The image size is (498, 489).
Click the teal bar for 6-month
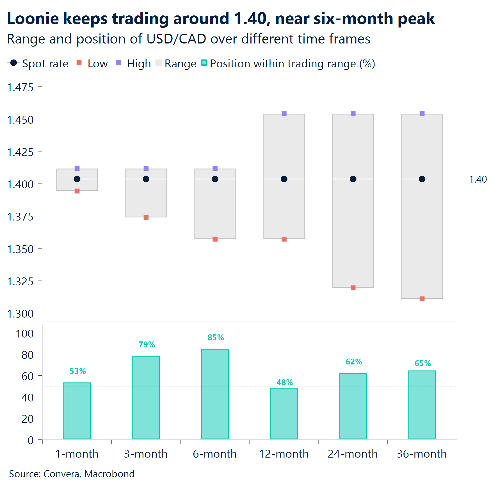(x=215, y=394)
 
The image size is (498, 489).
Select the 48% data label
(x=284, y=382)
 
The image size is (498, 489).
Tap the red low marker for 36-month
(x=422, y=299)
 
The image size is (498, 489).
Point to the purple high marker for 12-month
(x=284, y=114)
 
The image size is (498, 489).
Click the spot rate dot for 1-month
(x=77, y=179)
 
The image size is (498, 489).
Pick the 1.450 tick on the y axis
(x=20, y=120)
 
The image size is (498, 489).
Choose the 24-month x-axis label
(x=353, y=454)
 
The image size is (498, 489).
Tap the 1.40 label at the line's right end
(x=478, y=179)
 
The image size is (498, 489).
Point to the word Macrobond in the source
(x=109, y=474)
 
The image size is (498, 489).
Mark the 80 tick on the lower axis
(x=28, y=355)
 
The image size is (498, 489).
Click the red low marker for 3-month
(x=146, y=217)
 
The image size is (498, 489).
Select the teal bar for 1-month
(x=77, y=411)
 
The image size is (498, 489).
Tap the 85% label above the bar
(x=216, y=338)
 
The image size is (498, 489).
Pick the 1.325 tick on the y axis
(x=20, y=281)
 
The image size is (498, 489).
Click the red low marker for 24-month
(x=353, y=288)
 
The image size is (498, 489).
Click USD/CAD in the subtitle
(x=176, y=39)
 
